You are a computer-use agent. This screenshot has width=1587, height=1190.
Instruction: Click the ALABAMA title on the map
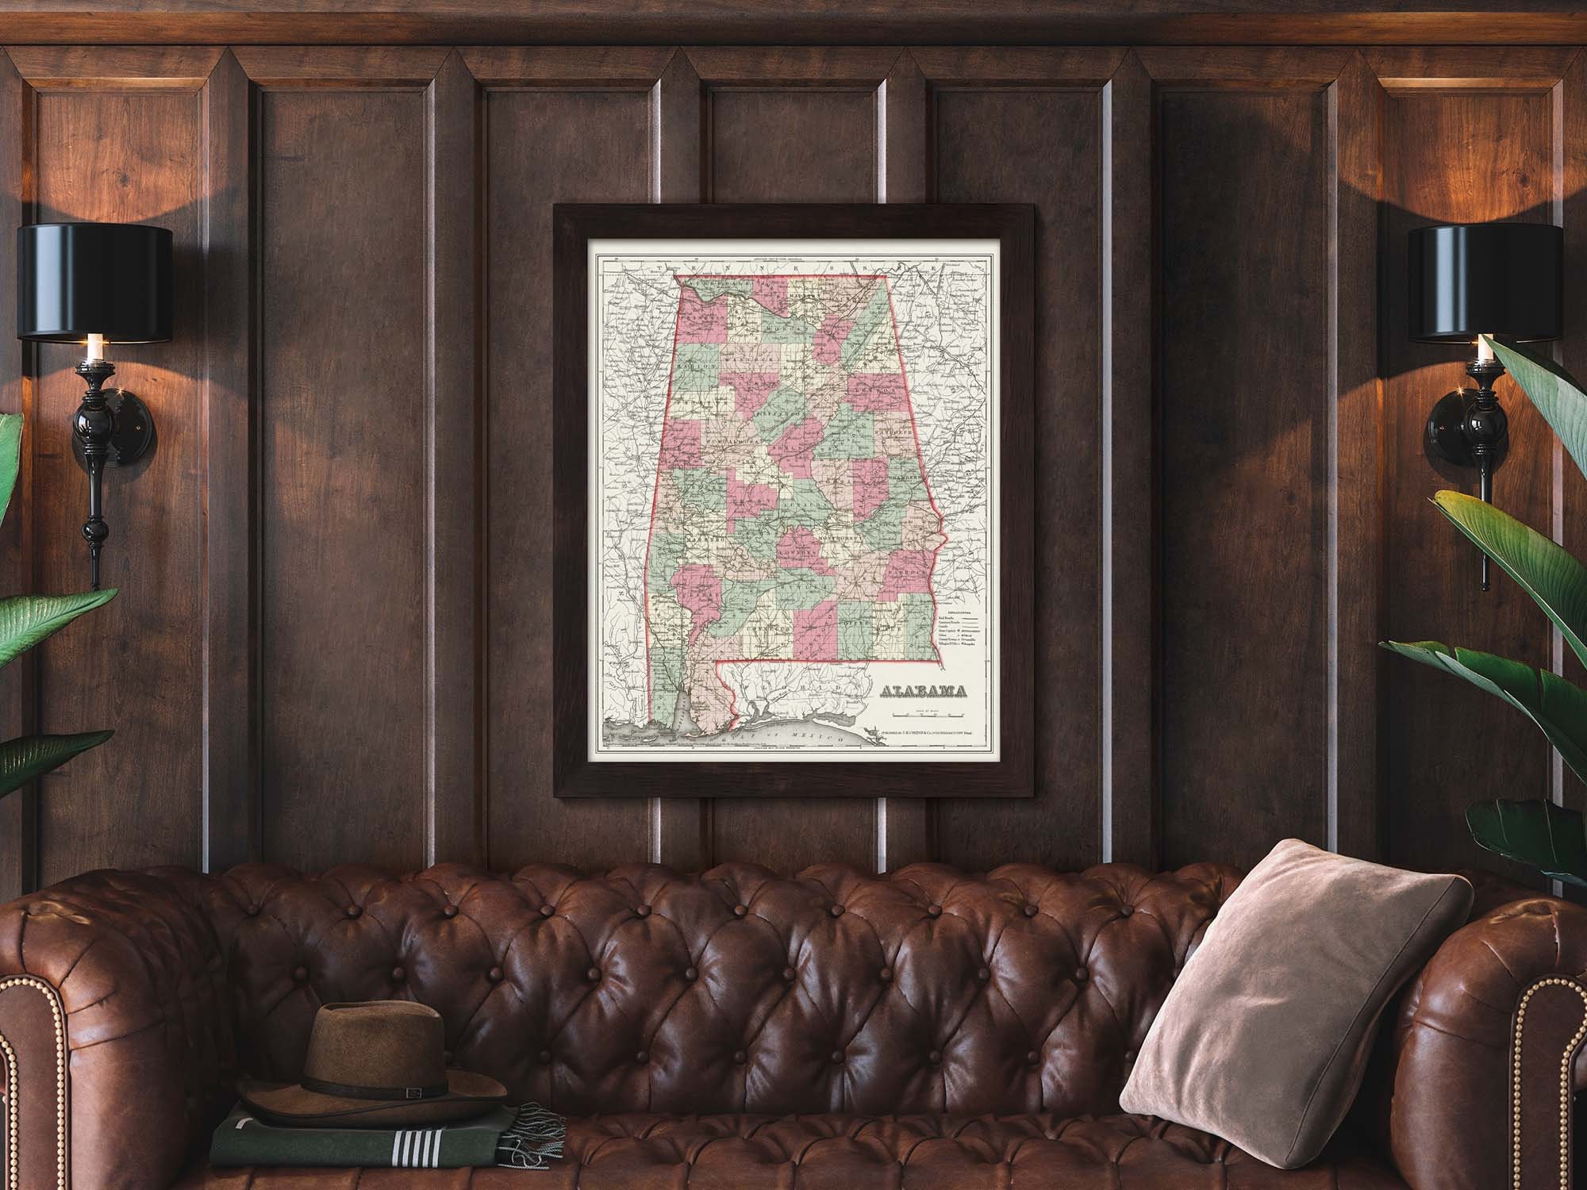tap(927, 691)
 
